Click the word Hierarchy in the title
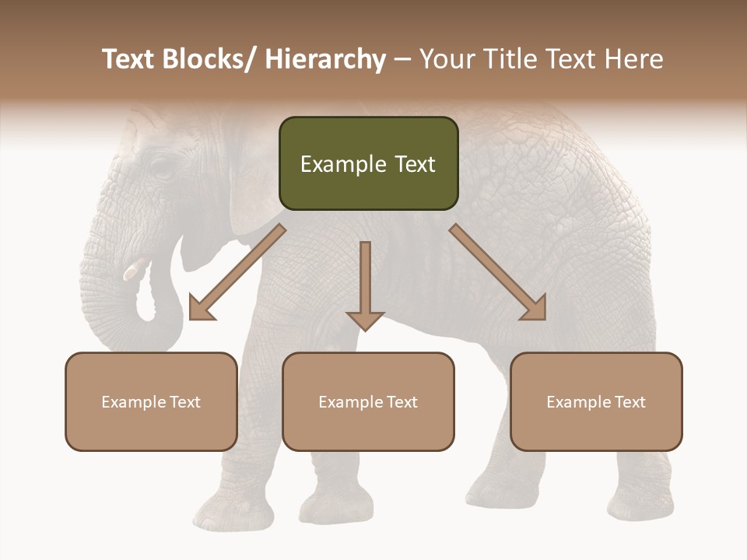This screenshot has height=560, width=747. pos(325,59)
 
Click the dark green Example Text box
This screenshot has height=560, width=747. pos(368,164)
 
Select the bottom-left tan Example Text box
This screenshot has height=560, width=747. pos(151,402)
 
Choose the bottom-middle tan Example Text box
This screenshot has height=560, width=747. pos(368,402)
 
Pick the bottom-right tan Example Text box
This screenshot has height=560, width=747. pos(596,402)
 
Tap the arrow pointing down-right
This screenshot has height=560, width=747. pos(499,273)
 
